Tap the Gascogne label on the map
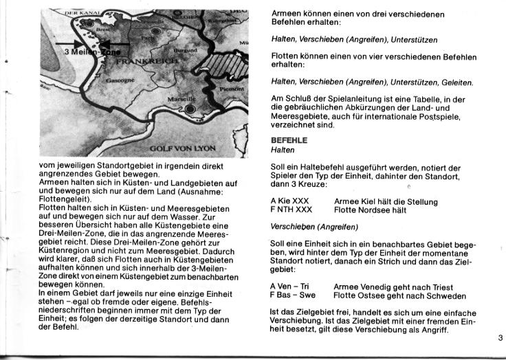coord(117,80)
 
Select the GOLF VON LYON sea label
coord(183,148)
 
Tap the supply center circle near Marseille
coord(190,109)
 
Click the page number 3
coord(499,337)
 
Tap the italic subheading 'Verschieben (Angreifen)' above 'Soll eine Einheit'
coord(314,227)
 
